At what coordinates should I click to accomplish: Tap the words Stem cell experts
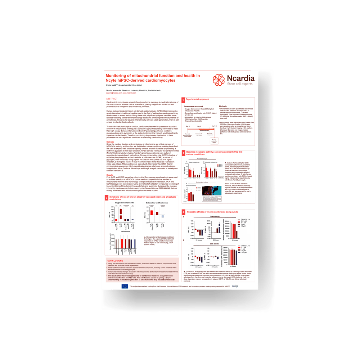[240, 84]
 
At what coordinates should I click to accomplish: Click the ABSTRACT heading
[112, 99]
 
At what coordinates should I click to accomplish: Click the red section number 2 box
[183, 153]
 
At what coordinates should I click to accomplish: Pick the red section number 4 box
[183, 212]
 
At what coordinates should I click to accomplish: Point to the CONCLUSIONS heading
[116, 261]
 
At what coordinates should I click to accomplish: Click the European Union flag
[125, 286]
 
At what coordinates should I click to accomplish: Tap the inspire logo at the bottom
[245, 286]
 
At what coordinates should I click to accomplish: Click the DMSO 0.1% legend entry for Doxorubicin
[245, 219]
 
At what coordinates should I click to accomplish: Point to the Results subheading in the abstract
[110, 175]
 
